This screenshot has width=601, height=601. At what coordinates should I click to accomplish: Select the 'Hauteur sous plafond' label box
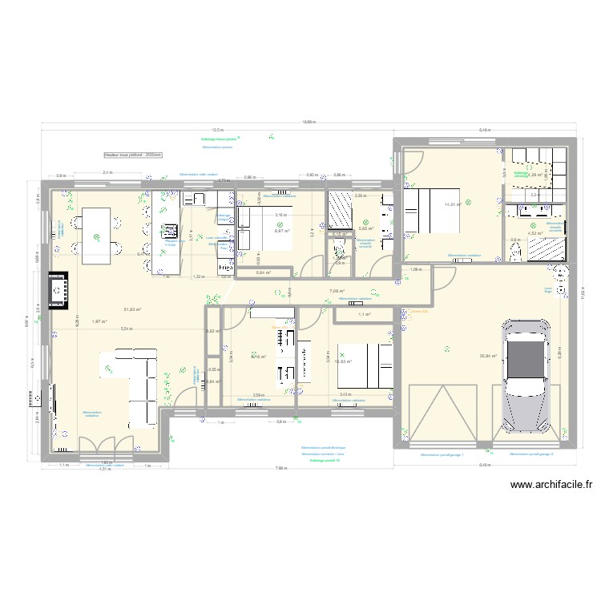[x=132, y=155]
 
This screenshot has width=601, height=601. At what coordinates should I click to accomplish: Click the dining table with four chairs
[x=96, y=233]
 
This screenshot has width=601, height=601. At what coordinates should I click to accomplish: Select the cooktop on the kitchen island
[x=170, y=229]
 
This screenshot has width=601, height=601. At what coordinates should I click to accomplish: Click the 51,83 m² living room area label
[x=132, y=309]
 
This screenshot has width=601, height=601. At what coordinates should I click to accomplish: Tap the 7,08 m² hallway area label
[x=337, y=291]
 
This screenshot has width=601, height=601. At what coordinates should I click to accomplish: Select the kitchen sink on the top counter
[x=197, y=198]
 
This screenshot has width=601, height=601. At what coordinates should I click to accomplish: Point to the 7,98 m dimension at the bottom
[x=280, y=467]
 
